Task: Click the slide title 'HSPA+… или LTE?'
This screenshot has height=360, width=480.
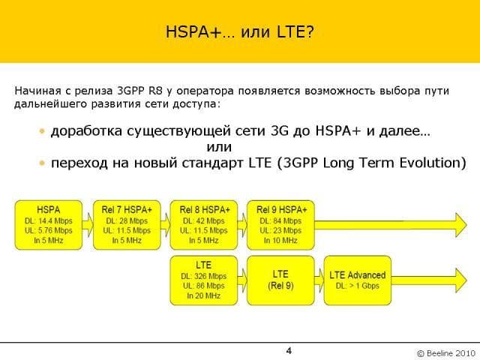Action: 240,31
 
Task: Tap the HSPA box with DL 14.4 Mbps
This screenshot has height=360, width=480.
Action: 48,225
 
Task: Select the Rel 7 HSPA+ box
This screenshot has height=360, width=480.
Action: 127,225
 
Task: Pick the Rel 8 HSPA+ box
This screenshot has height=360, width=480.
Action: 203,225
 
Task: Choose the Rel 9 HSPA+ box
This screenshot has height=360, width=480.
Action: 280,225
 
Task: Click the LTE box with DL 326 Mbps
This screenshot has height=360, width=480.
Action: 203,280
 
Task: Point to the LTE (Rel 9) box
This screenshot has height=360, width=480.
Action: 280,280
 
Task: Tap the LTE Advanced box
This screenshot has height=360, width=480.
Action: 358,280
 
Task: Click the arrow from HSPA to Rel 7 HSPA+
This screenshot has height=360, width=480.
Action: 88,225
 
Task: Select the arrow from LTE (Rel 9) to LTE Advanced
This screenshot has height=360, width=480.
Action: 319,280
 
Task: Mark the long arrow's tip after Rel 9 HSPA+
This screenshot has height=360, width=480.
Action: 466,225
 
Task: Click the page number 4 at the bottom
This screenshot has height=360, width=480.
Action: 289,351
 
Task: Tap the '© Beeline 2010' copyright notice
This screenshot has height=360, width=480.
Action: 446,353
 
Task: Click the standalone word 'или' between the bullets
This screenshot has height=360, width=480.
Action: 219,147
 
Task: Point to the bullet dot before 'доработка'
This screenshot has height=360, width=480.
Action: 42,132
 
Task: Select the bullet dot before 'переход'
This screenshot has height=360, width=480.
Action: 42,163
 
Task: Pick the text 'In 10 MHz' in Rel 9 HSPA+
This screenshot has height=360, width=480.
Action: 280,241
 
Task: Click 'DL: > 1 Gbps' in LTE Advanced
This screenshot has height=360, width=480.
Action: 358,286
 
